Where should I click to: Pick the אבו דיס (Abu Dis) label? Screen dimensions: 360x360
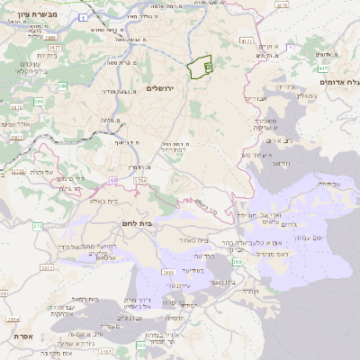[256, 98]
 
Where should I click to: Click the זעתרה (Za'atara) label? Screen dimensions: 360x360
[249, 291]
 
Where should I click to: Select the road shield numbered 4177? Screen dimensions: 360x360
[246, 40]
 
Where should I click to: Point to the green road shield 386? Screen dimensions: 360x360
[63, 85]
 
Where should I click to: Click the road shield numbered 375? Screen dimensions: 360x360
[38, 225]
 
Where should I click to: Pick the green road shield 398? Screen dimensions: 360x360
[237, 262]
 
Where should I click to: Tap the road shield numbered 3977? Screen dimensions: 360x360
[48, 267]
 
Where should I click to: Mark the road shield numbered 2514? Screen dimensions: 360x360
[13, 319]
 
